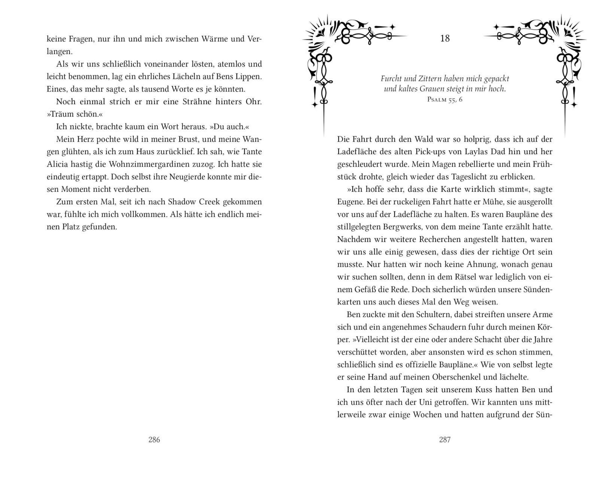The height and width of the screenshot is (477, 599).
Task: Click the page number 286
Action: tap(154, 440)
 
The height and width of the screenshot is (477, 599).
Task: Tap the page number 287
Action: tap(445, 440)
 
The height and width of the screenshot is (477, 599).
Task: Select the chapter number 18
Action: tap(445, 38)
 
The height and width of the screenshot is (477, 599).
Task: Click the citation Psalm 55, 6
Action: tap(445, 99)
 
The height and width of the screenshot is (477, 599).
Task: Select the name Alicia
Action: tap(57, 164)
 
